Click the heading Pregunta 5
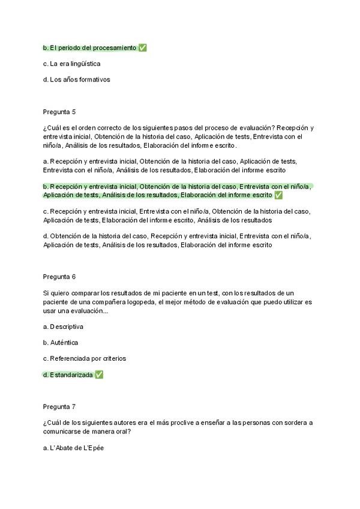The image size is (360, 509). [x=59, y=112]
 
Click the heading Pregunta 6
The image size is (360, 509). [x=59, y=277]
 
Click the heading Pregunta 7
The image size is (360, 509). [x=59, y=406]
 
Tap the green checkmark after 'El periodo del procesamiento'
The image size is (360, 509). [x=142, y=48]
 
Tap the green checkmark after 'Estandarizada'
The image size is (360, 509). [x=99, y=375]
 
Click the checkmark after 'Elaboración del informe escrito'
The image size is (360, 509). [x=278, y=195]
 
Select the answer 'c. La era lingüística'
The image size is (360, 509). [x=71, y=64]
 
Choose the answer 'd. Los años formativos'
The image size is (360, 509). [x=76, y=79]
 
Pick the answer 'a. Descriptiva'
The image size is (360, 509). [x=63, y=327]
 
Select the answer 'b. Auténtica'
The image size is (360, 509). [x=61, y=343]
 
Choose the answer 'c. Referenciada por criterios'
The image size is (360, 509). [x=84, y=358]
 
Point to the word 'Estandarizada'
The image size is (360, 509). [x=72, y=375]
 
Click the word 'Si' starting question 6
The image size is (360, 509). [x=46, y=292]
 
